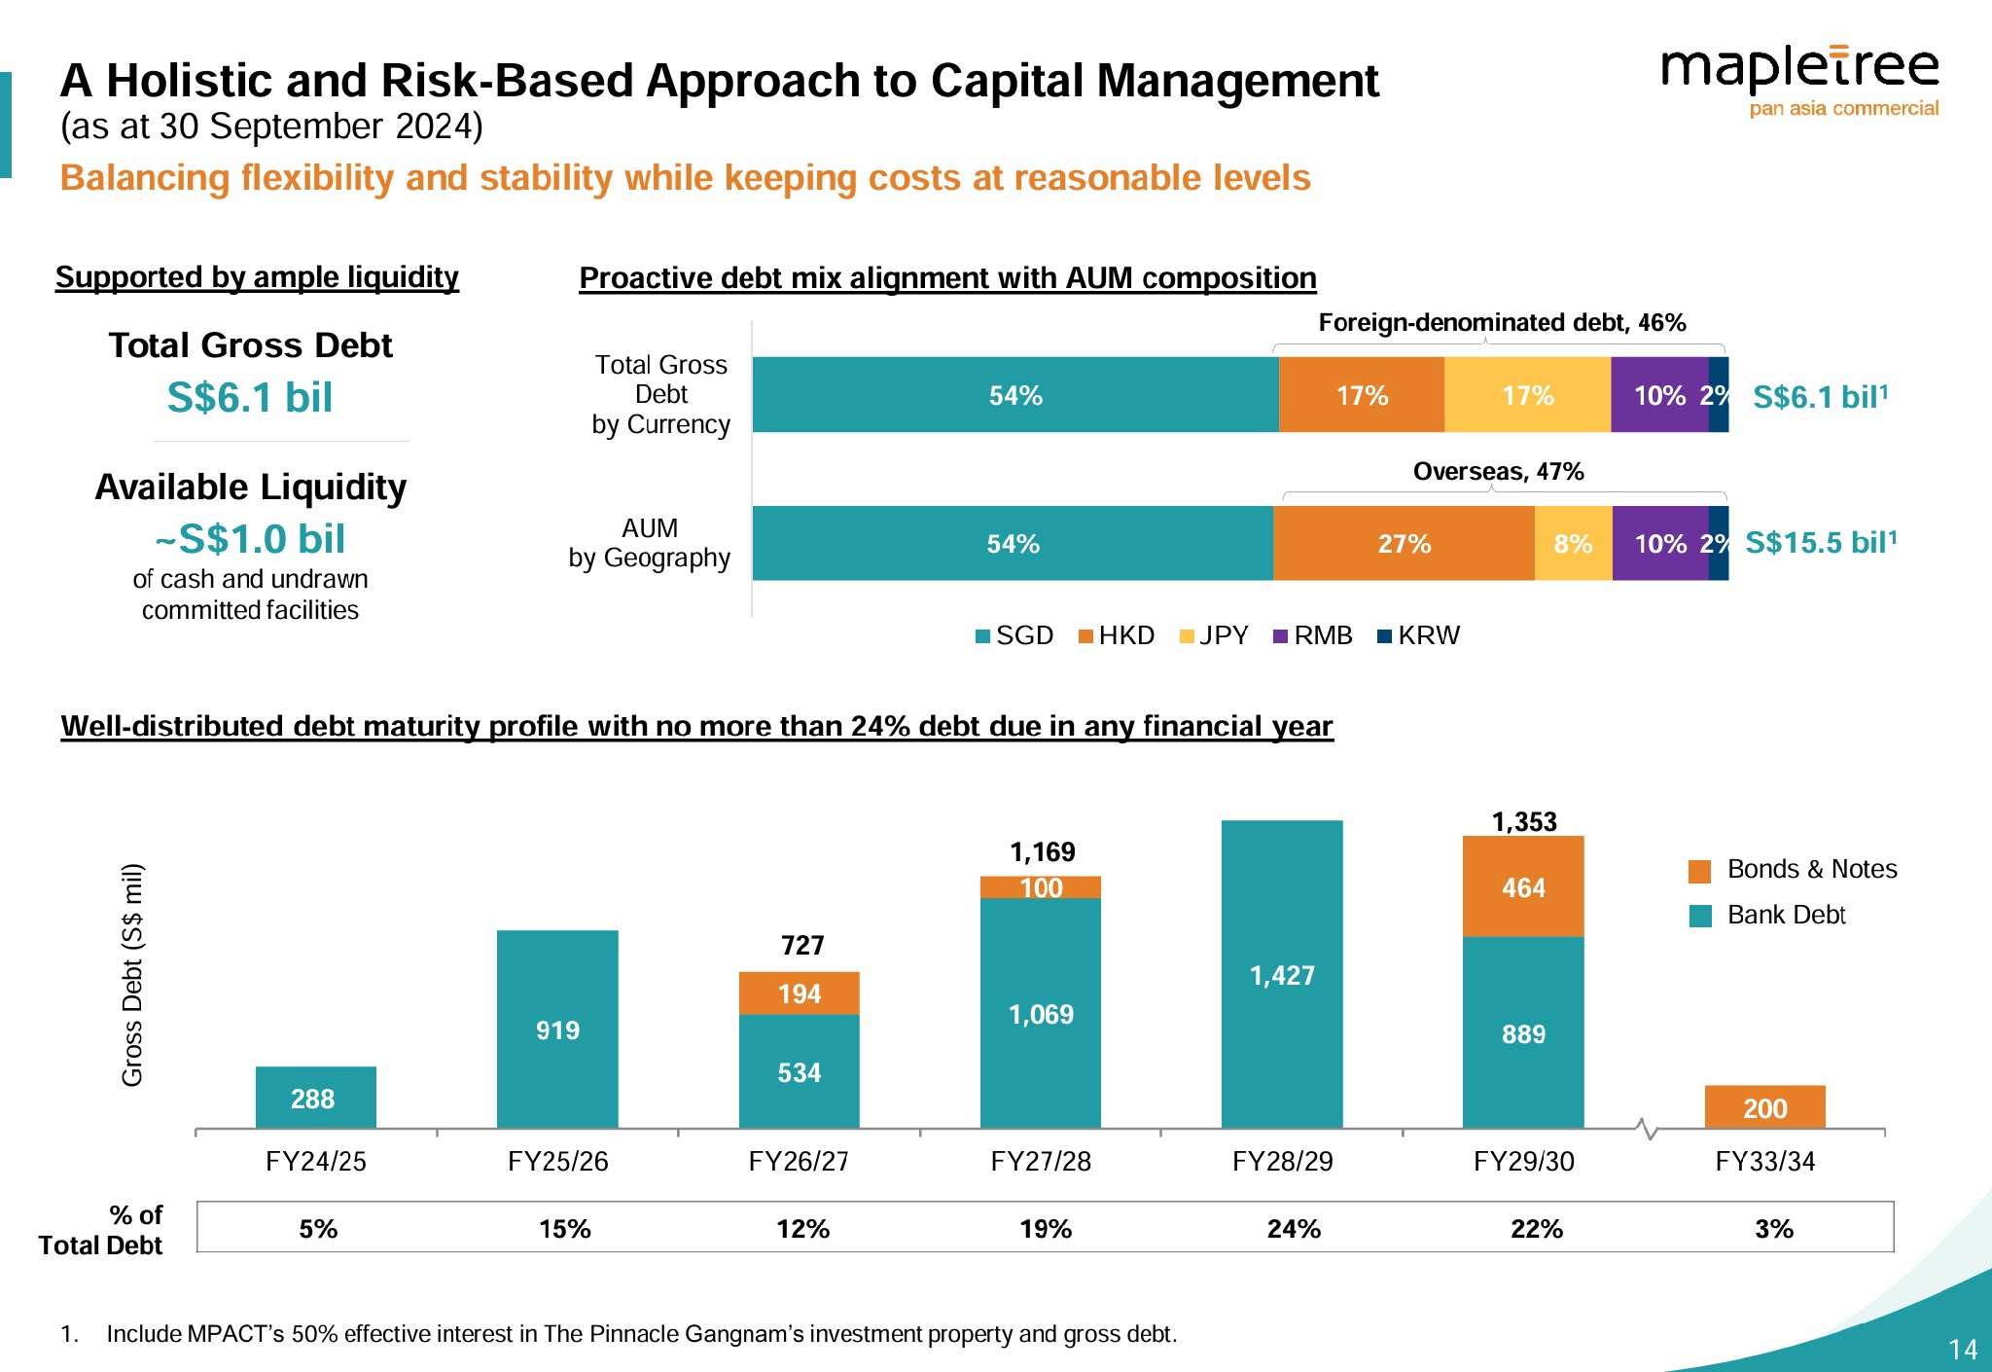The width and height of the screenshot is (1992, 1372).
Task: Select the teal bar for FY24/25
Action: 315,1097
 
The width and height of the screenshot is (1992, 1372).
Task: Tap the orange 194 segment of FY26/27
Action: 799,993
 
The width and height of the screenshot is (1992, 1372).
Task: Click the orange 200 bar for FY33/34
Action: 1764,1106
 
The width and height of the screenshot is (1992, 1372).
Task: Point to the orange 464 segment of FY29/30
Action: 1523,886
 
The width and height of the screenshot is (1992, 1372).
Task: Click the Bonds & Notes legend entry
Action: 1796,869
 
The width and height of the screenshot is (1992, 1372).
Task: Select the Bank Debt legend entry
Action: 1770,915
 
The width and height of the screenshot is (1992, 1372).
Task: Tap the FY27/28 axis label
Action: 1041,1161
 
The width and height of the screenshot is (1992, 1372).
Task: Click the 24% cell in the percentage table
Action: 1294,1228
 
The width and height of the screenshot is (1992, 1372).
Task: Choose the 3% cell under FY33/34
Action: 1774,1228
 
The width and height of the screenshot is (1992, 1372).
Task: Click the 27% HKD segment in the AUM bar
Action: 1404,543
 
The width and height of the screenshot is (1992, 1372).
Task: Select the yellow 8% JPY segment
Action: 1573,543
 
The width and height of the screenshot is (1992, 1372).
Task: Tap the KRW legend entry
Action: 1419,635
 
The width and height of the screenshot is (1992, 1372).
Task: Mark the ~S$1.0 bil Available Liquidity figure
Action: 251,538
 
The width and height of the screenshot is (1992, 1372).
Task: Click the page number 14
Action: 1963,1349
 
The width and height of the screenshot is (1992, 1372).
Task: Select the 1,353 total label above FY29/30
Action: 1524,822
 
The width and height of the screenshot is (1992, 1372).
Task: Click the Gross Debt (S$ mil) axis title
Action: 132,974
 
